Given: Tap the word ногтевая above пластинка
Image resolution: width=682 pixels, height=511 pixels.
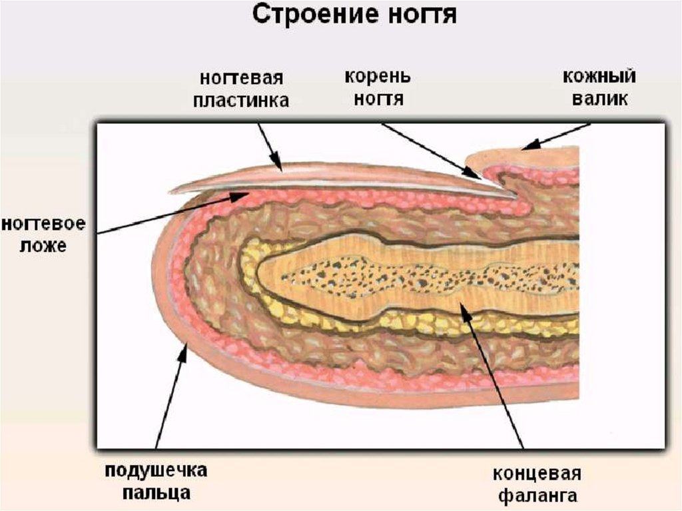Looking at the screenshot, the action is [x=241, y=78].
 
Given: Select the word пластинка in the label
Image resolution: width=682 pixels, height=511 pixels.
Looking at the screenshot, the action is [x=241, y=101].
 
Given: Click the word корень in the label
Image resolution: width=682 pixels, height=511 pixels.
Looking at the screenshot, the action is [x=378, y=76].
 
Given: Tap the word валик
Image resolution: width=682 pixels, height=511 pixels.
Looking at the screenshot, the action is [x=599, y=100].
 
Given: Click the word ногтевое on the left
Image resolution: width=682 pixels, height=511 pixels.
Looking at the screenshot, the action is [x=43, y=224].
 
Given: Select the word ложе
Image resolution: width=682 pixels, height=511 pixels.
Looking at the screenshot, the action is [x=43, y=246].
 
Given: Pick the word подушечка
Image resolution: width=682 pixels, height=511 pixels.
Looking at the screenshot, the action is [x=156, y=471].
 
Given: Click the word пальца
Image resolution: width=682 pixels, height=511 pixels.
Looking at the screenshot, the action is [x=156, y=494].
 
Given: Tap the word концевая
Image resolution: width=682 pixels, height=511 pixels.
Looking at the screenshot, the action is [x=537, y=474].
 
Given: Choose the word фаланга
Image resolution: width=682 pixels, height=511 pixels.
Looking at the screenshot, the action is [x=537, y=496].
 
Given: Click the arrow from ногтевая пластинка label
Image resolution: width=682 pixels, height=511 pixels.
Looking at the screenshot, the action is [x=270, y=147].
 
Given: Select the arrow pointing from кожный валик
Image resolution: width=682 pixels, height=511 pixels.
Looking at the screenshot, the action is [x=555, y=136].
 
